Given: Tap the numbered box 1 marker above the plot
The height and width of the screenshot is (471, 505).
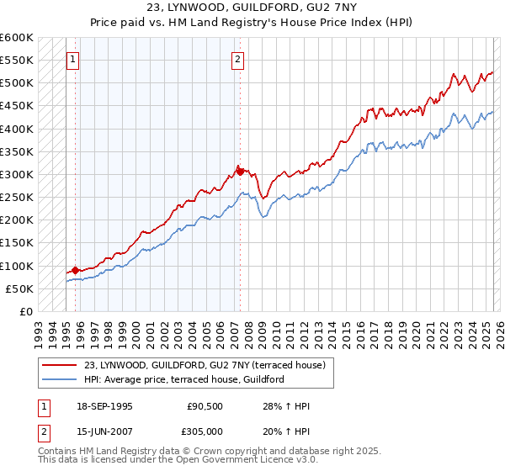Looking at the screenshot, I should point(74,60).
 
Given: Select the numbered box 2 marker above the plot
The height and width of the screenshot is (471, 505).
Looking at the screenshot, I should point(239,60).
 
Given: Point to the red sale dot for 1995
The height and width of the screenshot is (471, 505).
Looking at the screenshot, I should point(76,270).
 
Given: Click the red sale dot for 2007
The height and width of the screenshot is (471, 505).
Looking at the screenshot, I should point(240,172).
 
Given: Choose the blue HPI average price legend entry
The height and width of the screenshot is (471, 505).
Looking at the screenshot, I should point(183,379).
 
